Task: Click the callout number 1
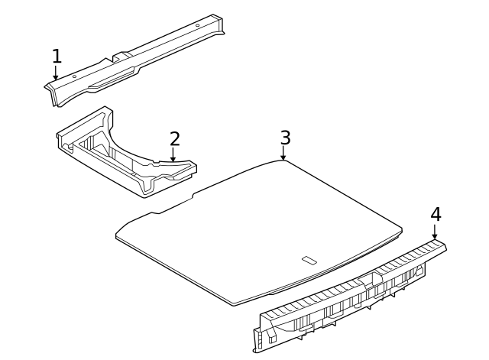(x=56, y=56)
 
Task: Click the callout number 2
(x=174, y=138)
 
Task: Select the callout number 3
(x=285, y=138)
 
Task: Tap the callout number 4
(x=436, y=214)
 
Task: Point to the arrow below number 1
(x=56, y=73)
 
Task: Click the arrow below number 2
(x=173, y=155)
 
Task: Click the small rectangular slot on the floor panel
(x=309, y=260)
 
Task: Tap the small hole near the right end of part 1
(x=197, y=25)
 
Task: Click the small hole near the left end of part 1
(x=74, y=76)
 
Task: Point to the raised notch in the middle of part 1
(x=119, y=57)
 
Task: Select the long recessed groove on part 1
(x=115, y=77)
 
